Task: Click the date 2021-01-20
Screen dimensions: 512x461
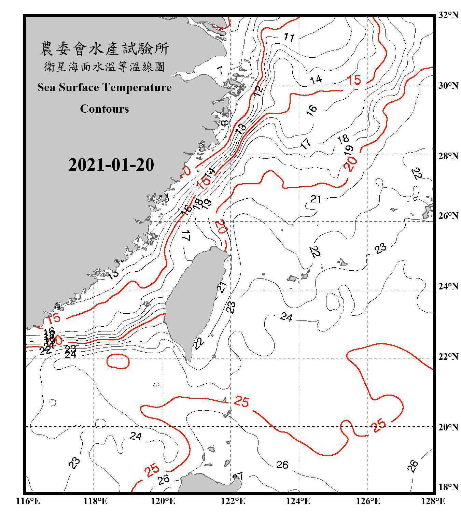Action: point(111,165)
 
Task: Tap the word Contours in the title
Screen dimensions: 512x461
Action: point(104,109)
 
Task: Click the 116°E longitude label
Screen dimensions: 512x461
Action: point(28,501)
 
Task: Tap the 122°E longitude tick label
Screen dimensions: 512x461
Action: point(233,501)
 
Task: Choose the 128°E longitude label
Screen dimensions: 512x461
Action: point(433,501)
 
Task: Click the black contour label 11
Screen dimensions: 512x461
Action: point(289,37)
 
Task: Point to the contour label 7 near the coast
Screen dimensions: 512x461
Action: point(220,70)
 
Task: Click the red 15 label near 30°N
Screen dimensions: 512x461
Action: point(354,80)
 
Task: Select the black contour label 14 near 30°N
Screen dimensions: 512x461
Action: point(316,80)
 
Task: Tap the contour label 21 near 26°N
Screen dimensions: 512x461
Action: point(316,199)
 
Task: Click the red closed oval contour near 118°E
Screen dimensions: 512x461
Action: point(118,361)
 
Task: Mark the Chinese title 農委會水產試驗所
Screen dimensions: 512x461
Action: point(104,48)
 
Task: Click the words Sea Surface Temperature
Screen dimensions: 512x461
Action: point(104,87)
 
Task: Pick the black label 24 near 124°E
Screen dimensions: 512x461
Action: point(286,317)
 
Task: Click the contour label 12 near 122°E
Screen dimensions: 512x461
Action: point(259,90)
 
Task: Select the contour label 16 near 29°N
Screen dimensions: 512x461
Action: point(311,110)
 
